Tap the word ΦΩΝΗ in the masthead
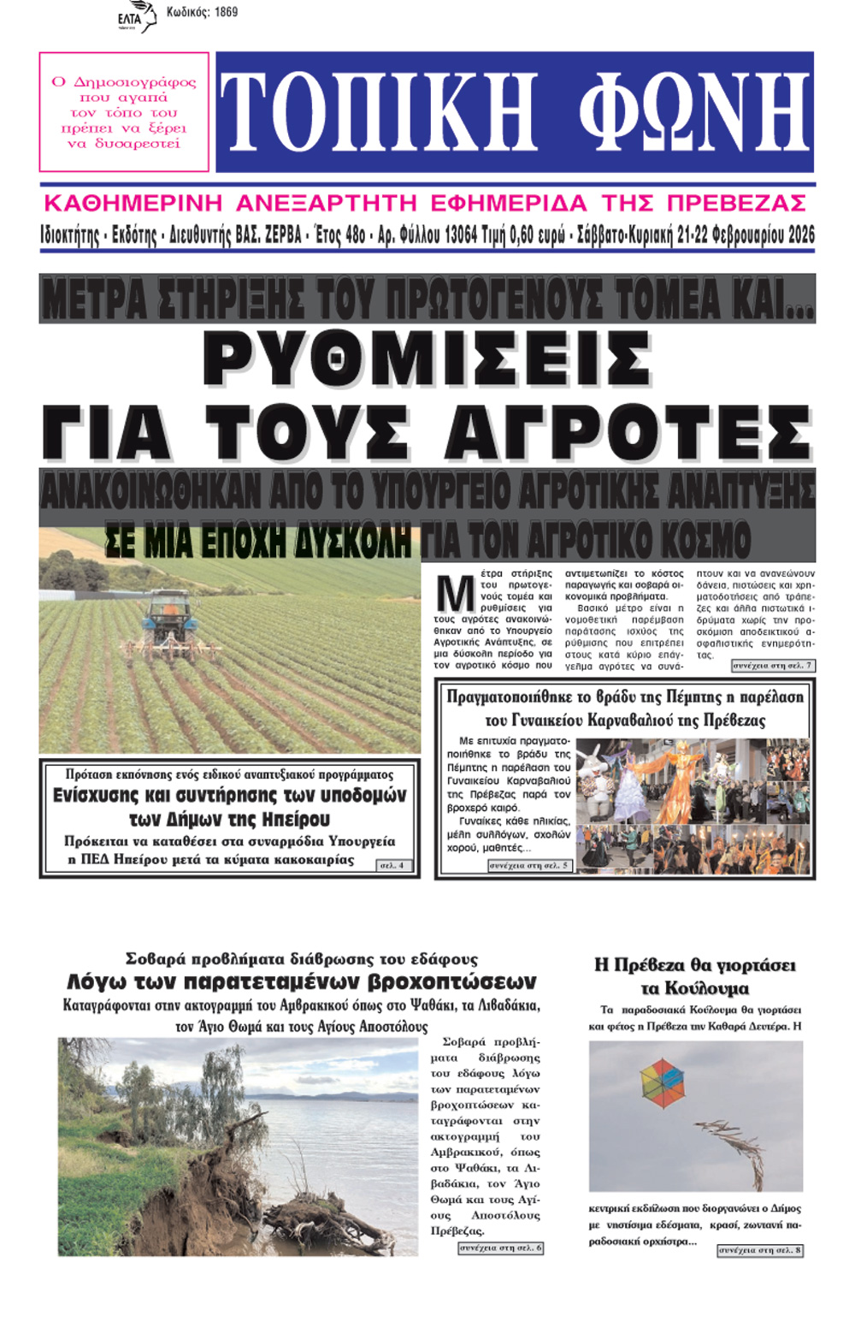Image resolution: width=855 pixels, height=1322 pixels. click(693, 112)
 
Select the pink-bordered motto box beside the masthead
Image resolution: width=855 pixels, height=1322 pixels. click(124, 112)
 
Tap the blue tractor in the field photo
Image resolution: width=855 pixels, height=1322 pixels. click(168, 619)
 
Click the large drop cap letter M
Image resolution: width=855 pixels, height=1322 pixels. click(455, 592)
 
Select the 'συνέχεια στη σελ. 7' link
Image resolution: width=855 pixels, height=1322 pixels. click(773, 665)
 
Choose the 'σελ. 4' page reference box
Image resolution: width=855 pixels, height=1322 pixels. click(395, 865)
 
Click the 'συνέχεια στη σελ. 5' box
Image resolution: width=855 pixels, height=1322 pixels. click(529, 865)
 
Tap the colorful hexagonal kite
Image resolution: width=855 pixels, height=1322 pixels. click(663, 1082)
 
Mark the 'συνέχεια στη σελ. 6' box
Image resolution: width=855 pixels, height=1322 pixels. click(500, 1248)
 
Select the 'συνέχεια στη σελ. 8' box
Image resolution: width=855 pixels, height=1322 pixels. click(759, 1249)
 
